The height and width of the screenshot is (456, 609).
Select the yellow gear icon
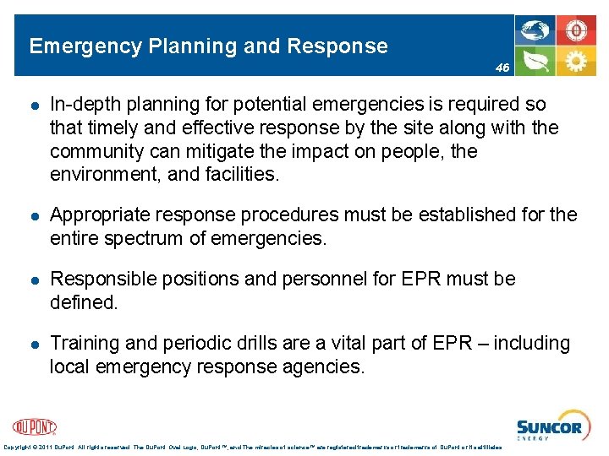576,61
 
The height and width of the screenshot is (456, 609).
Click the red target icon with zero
576,30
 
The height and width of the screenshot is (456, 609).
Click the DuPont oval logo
35,427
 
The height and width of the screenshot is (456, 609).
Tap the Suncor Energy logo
549,427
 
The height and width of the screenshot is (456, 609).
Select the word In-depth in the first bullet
85,105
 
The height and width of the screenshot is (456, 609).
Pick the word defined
83,302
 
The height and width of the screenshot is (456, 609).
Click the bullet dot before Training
31,344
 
